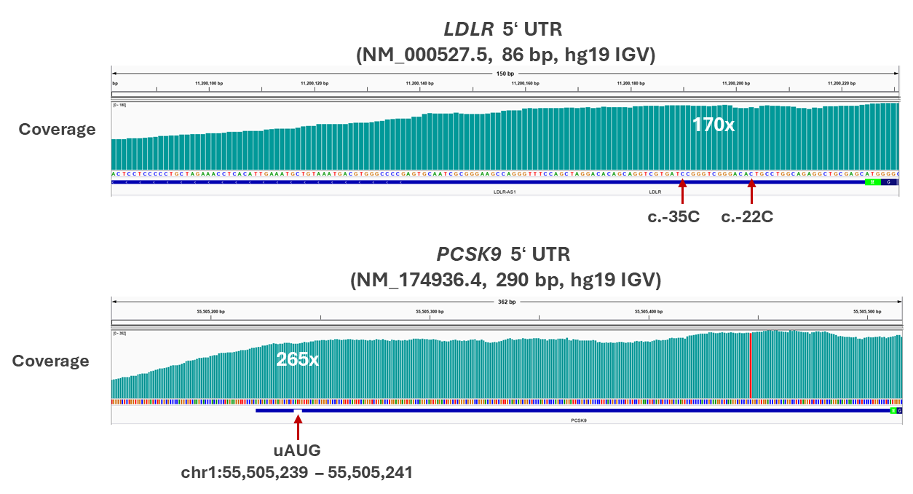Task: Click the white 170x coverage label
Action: pos(714,125)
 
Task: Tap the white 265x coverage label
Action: pos(297,359)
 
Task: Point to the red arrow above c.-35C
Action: pos(682,194)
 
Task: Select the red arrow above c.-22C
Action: pos(752,194)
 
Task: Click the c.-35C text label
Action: pos(673,217)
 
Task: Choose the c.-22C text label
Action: pos(747,217)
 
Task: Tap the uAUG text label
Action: pos(297,450)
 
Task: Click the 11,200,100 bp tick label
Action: pos(209,84)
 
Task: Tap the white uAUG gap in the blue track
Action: pos(298,411)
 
